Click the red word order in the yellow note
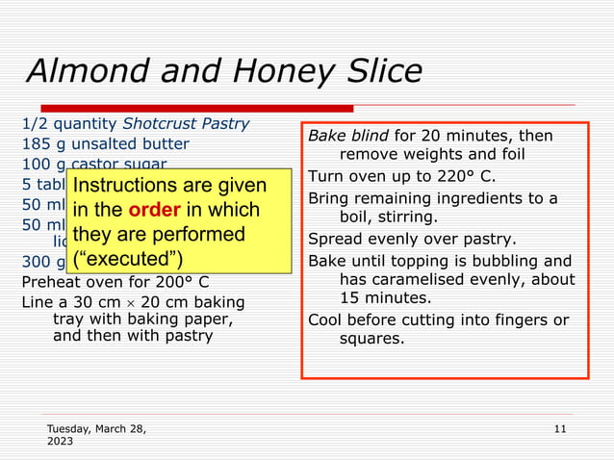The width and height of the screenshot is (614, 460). click(154, 210)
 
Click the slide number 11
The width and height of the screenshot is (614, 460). click(561, 428)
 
